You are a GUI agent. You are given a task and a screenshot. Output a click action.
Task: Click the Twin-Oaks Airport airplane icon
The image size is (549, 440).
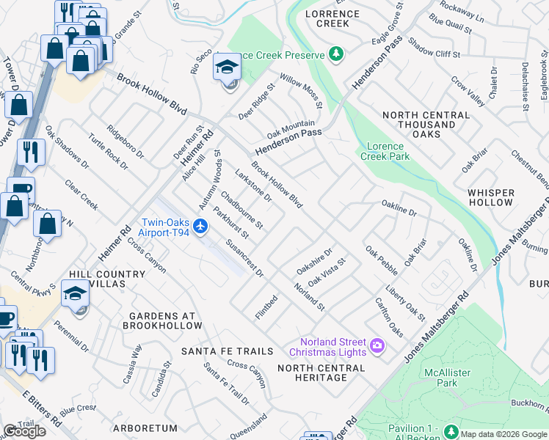[x=201, y=224]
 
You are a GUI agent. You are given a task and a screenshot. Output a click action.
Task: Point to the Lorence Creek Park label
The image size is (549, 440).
[x=385, y=150]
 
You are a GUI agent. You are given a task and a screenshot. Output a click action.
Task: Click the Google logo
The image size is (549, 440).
[x=23, y=431]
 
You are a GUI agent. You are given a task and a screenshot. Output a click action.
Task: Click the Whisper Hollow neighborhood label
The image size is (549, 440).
[x=490, y=197]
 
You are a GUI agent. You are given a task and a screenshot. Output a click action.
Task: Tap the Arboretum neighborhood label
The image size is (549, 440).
[x=146, y=428]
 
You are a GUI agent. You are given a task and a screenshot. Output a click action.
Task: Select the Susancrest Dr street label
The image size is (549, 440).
[x=244, y=259]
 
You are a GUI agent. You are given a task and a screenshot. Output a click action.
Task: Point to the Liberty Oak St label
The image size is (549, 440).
[x=405, y=303]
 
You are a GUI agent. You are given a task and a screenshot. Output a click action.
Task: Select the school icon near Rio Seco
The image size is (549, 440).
[x=228, y=67]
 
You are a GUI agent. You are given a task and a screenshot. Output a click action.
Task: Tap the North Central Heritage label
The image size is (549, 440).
[x=313, y=372]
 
